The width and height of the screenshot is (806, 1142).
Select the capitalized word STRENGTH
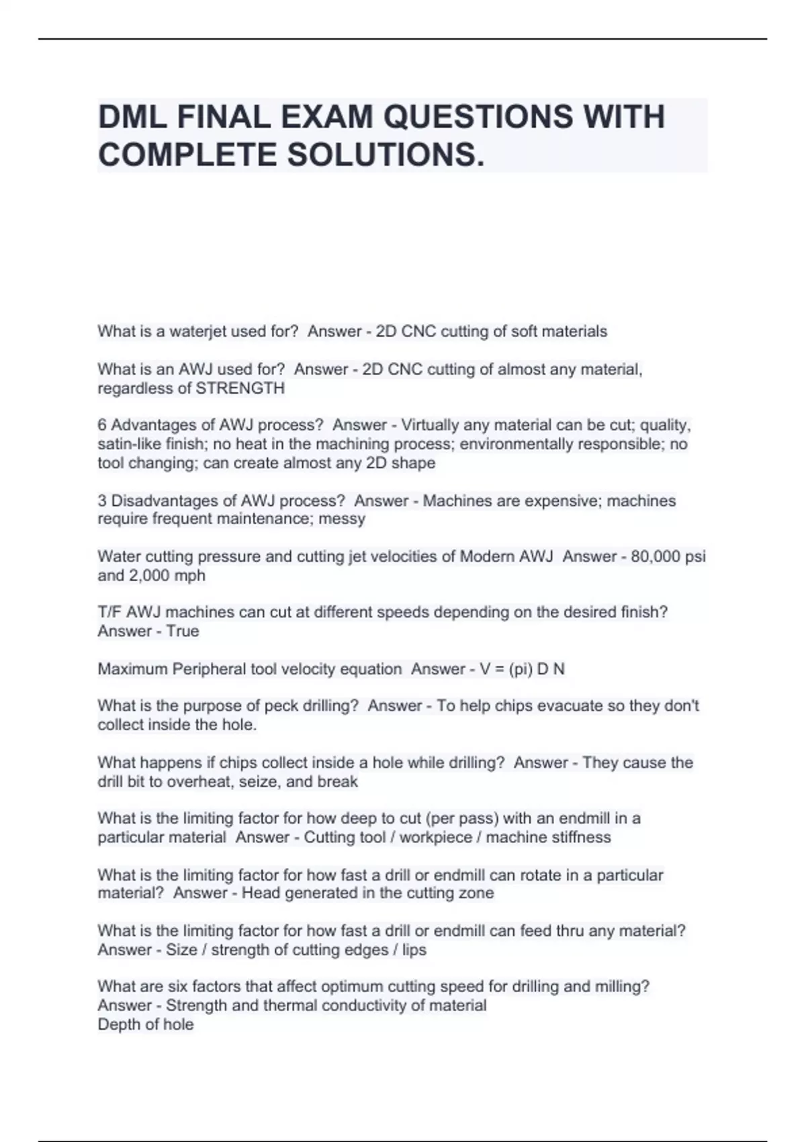click(x=240, y=388)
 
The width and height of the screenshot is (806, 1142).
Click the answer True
click(x=183, y=631)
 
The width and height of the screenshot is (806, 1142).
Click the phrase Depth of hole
click(x=146, y=1024)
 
